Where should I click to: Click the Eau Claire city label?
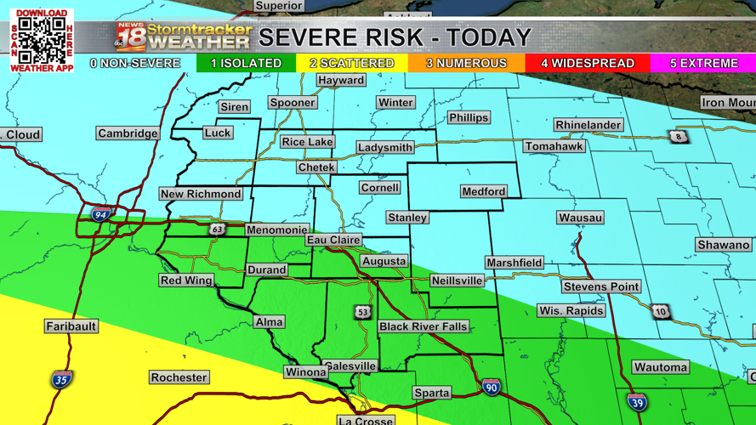click(x=334, y=241)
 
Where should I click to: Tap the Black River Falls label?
click(x=423, y=327)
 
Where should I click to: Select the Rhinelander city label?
click(x=588, y=125)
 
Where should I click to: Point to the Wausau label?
click(x=581, y=218)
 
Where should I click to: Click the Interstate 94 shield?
click(x=101, y=215)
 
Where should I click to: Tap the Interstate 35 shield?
click(x=61, y=379)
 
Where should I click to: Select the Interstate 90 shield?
click(x=492, y=387)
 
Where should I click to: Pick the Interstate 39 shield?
click(x=637, y=402)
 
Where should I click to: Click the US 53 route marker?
click(x=363, y=313)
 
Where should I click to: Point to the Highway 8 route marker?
click(x=678, y=137)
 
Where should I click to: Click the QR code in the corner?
click(x=42, y=40)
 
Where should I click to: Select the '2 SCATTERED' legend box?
click(x=352, y=64)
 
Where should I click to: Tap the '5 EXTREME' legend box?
click(x=703, y=64)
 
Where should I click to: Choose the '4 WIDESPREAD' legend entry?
click(x=588, y=64)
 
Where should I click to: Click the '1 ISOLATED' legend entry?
click(x=247, y=64)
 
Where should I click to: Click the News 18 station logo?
click(x=132, y=37)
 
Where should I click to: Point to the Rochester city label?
click(x=179, y=377)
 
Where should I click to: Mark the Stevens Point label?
click(x=601, y=286)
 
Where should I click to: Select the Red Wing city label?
click(x=186, y=280)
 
